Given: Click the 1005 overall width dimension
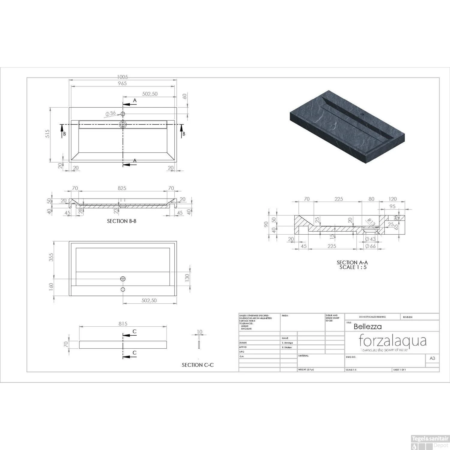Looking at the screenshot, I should point(122,77).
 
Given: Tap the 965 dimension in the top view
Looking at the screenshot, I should point(122,83).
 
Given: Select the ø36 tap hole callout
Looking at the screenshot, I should point(111,113).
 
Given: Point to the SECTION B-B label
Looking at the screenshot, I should point(122,221).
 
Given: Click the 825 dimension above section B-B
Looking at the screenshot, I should point(122,188).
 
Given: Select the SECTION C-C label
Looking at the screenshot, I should point(198,365).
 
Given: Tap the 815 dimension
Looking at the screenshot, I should point(123,323).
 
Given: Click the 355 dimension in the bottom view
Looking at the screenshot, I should point(51,257).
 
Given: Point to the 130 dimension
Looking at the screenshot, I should point(187,278).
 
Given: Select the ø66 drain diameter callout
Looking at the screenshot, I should point(370,246).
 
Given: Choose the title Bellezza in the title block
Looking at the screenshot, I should point(367,326).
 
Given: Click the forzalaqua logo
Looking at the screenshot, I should point(392,342).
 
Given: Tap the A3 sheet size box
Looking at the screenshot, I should point(432,358).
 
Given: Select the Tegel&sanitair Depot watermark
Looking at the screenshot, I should point(430,442).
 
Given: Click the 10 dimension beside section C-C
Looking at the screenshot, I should point(199,332).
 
